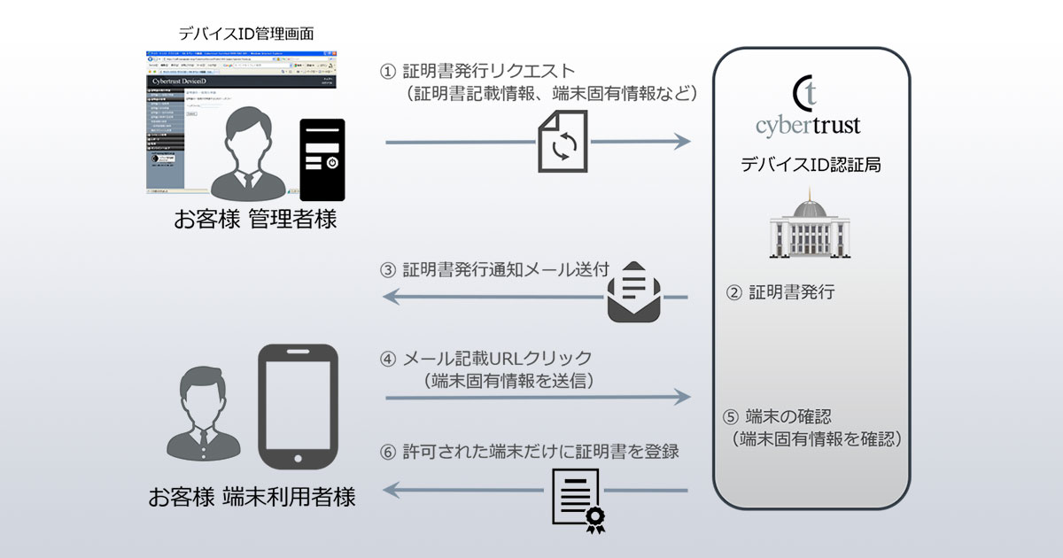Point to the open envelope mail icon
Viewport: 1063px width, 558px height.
[x=634, y=291]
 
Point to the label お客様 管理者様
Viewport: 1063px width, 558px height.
[x=255, y=219]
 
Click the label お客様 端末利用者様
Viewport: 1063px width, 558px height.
[x=252, y=497]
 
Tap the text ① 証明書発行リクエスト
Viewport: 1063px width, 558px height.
[x=478, y=71]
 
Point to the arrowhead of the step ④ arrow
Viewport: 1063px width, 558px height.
[x=681, y=398]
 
